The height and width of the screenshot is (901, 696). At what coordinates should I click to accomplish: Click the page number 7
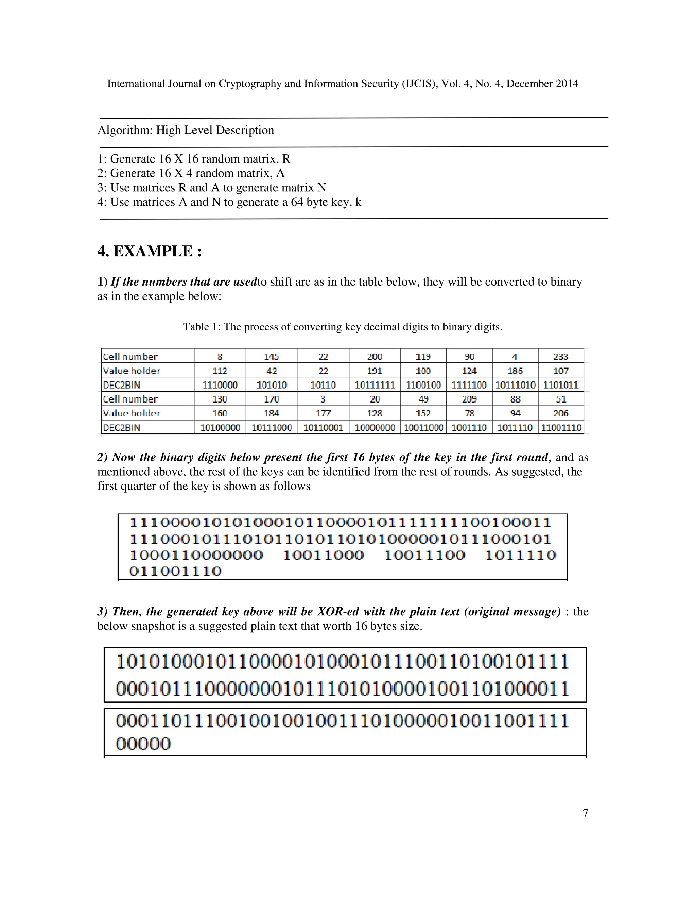(585, 812)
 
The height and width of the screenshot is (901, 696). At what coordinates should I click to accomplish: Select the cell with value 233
(560, 356)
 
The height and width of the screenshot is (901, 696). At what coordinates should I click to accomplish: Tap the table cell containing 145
(271, 356)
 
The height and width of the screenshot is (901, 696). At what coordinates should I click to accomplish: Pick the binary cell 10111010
(515, 385)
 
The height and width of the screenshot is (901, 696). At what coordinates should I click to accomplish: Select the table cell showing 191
(375, 371)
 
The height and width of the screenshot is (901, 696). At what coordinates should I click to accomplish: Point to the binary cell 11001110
(561, 427)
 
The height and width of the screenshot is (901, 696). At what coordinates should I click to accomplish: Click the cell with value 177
(323, 413)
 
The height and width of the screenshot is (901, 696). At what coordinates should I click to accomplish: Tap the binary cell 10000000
(375, 427)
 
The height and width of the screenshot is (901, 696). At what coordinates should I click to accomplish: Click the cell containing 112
(220, 371)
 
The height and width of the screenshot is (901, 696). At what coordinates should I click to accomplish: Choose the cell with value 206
(561, 413)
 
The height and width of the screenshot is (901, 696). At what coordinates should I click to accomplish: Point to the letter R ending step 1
(286, 159)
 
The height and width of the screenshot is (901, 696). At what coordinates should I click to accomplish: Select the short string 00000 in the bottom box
(143, 744)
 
